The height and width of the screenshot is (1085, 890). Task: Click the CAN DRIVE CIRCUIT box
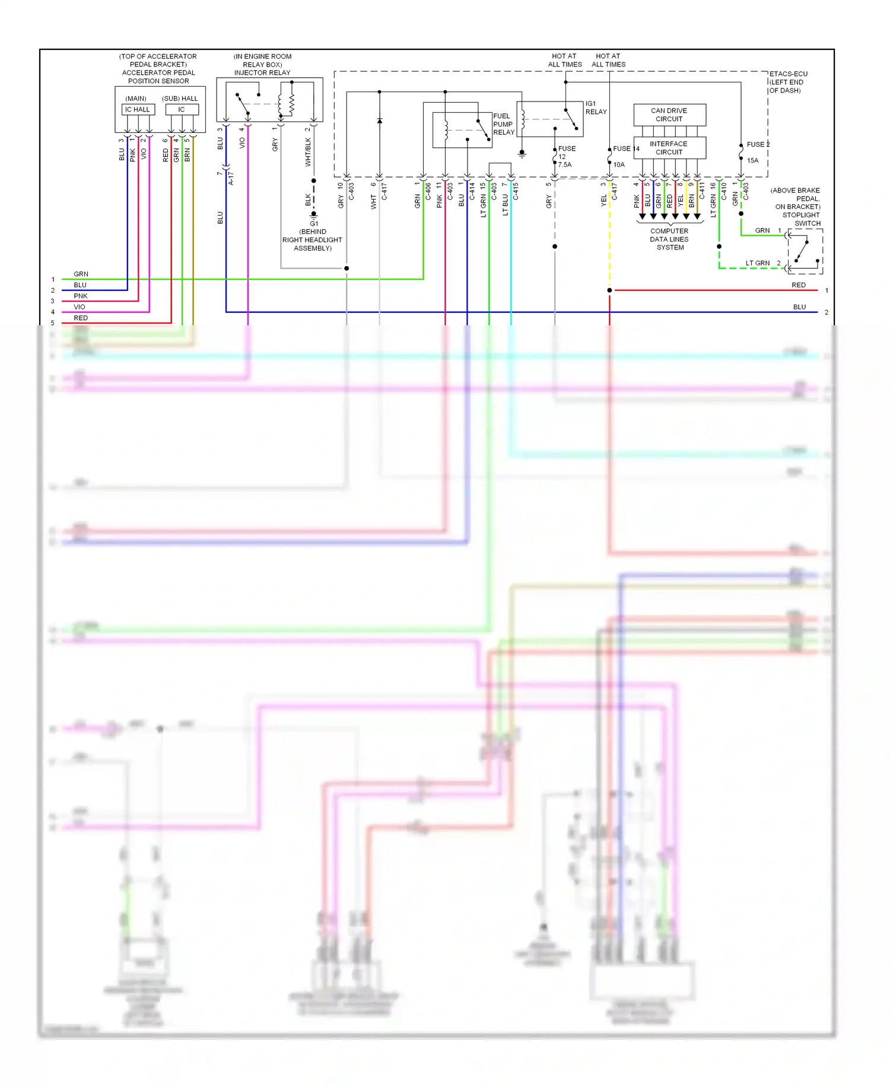tap(669, 115)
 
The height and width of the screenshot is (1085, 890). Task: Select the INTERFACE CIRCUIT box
tap(669, 148)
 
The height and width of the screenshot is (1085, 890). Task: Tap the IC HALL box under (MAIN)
tap(138, 109)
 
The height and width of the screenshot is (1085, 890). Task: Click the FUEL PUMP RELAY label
tap(503, 124)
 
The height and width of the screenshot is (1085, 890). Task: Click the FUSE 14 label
tap(625, 149)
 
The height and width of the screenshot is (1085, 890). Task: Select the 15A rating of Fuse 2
tap(752, 160)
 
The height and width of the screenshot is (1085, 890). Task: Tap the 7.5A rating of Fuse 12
tap(564, 165)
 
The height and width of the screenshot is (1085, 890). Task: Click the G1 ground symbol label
tap(314, 224)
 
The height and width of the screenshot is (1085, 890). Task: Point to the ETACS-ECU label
tap(788, 74)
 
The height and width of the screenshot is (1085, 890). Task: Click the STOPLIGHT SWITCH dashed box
tap(805, 251)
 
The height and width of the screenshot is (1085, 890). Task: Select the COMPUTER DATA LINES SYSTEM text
tap(669, 239)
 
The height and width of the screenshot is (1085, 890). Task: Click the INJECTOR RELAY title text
tap(262, 73)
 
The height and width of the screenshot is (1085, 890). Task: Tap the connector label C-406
tap(428, 191)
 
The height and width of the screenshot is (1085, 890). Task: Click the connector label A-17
tap(231, 178)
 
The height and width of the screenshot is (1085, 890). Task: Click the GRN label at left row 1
tap(81, 274)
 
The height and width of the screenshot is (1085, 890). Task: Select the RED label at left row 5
tap(81, 318)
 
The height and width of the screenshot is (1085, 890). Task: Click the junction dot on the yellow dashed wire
tap(609, 290)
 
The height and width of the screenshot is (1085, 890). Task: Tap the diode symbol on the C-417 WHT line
tap(380, 121)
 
